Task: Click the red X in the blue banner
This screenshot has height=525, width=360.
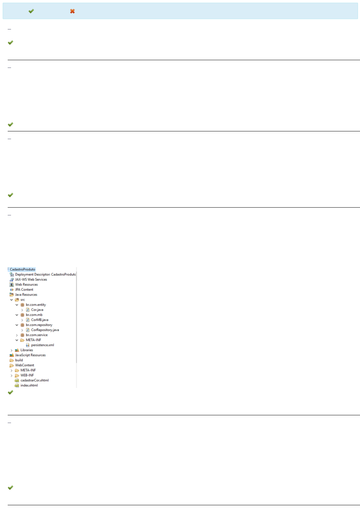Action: (72, 11)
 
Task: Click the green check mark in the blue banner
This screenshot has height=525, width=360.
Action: (31, 11)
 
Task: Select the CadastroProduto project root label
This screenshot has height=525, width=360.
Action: (22, 269)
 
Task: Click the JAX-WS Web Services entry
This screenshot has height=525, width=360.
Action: (31, 279)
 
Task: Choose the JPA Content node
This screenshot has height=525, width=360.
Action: (24, 290)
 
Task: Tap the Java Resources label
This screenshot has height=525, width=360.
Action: (26, 295)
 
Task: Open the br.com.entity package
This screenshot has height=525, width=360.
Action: (36, 305)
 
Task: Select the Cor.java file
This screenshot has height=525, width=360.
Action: (37, 310)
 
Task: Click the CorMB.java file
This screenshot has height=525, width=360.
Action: (40, 320)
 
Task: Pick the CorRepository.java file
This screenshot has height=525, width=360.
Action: (45, 330)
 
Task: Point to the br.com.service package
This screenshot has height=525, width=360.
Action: (36, 335)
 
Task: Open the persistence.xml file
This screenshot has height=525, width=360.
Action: (42, 345)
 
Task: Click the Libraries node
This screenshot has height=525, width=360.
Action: (27, 350)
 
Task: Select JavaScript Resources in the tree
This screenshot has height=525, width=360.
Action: (30, 355)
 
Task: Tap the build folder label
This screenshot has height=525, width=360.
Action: (19, 360)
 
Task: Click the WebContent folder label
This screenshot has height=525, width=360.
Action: (25, 365)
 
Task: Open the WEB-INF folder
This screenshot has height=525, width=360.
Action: (27, 375)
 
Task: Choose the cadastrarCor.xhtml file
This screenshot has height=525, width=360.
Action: (34, 380)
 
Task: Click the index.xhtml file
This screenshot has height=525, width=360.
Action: (29, 385)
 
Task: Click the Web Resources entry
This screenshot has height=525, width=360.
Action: (26, 285)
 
